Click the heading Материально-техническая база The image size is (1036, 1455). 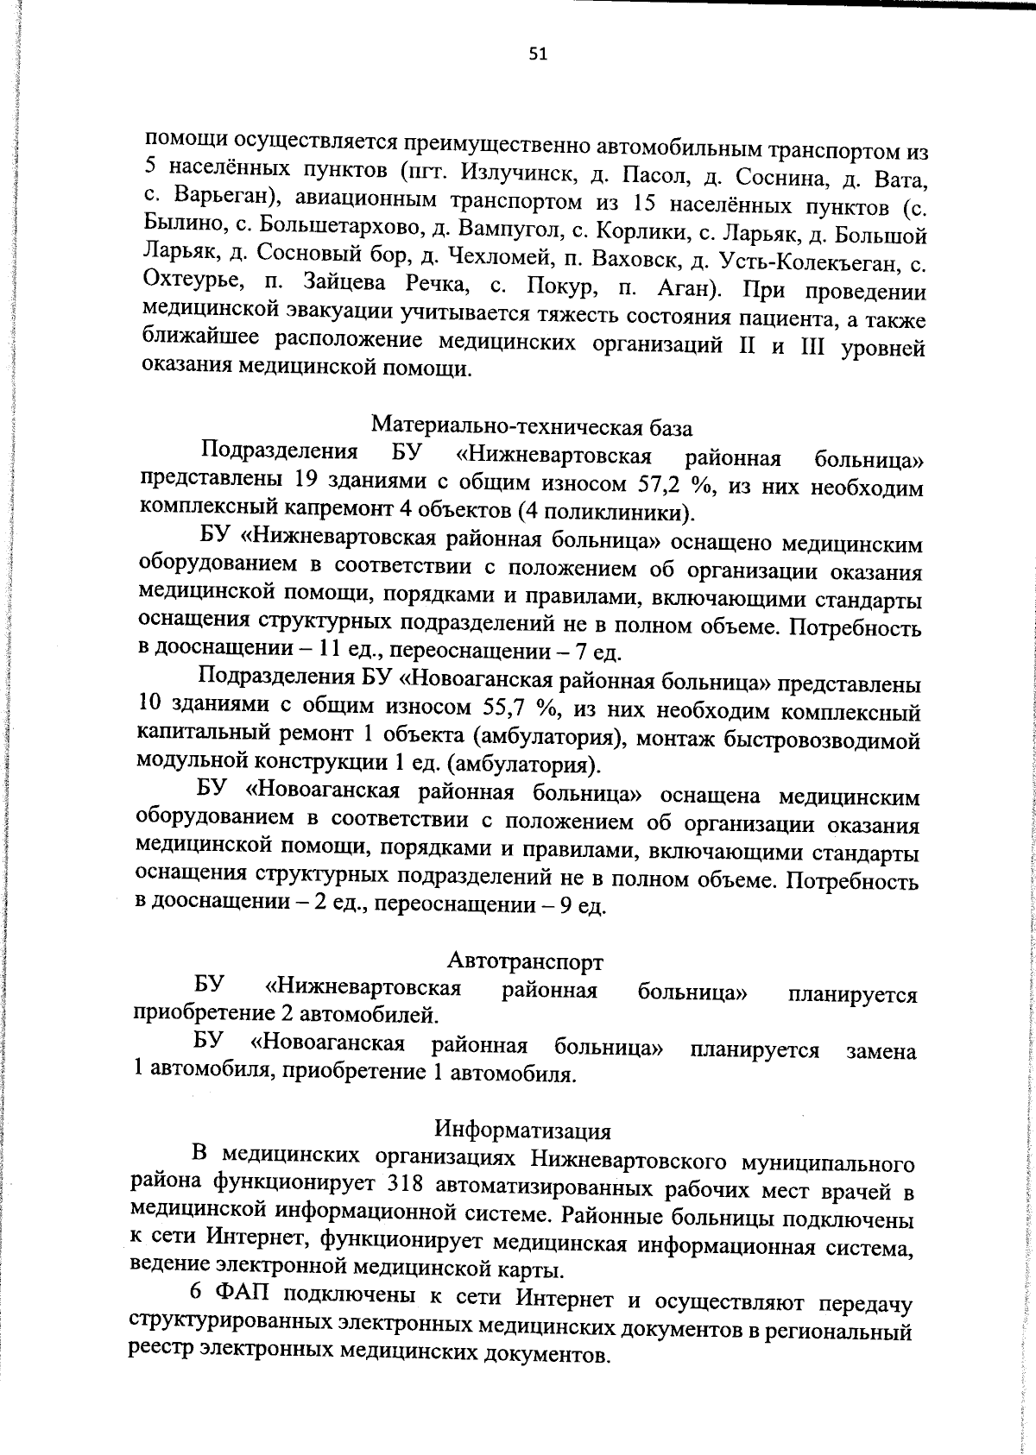tap(531, 425)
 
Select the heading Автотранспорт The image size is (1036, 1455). tap(525, 961)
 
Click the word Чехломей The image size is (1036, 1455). tap(477, 256)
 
